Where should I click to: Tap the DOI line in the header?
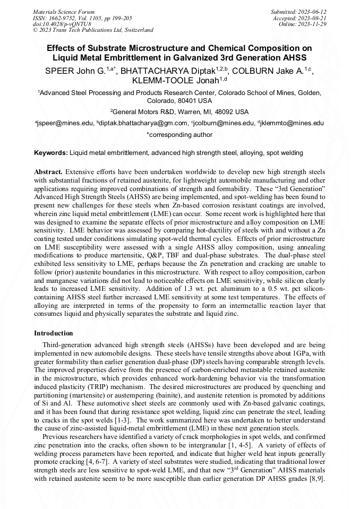click(x=62, y=24)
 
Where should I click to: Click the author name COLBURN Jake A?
click(x=275, y=70)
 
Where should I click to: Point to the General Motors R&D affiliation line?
click(x=179, y=112)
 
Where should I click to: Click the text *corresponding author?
click(x=179, y=135)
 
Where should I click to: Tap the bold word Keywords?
click(x=51, y=153)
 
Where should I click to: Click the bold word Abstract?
click(x=49, y=172)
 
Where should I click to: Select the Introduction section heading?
click(x=54, y=333)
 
